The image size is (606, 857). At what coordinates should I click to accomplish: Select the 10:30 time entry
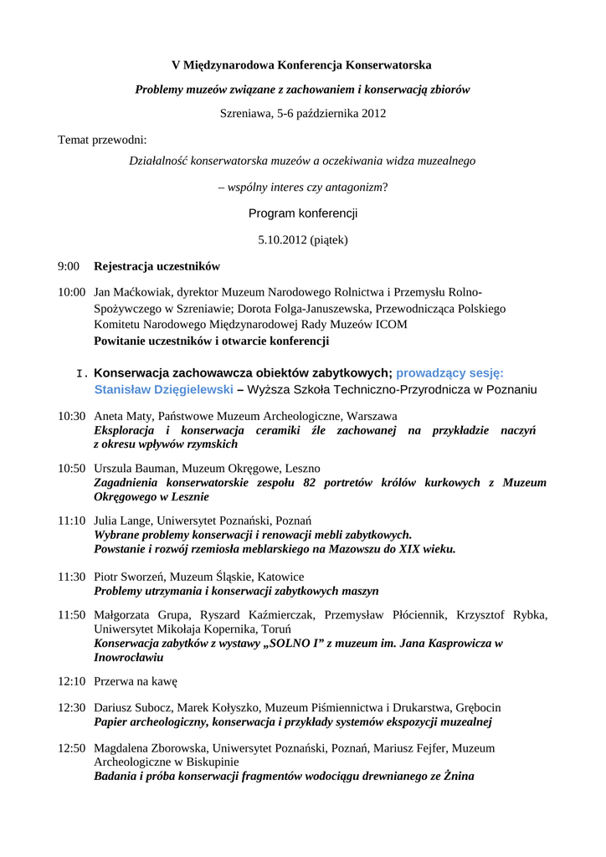(x=71, y=415)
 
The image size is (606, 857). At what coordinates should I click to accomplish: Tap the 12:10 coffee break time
(x=71, y=681)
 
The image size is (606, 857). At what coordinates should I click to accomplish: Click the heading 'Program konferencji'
(x=303, y=213)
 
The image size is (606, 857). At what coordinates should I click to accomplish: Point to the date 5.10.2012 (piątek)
(x=303, y=239)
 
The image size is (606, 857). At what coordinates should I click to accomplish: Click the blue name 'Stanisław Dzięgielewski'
(x=163, y=389)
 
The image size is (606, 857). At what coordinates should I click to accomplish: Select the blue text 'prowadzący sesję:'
(x=449, y=372)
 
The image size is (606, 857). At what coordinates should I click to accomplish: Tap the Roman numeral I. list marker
(x=82, y=373)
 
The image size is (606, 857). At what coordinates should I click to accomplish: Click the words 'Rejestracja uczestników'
(x=157, y=266)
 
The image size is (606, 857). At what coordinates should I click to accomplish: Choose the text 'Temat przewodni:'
(x=102, y=139)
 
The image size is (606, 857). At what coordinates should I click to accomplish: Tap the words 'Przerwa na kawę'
(x=136, y=681)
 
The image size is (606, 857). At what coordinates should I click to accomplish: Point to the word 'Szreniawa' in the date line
(x=245, y=113)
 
